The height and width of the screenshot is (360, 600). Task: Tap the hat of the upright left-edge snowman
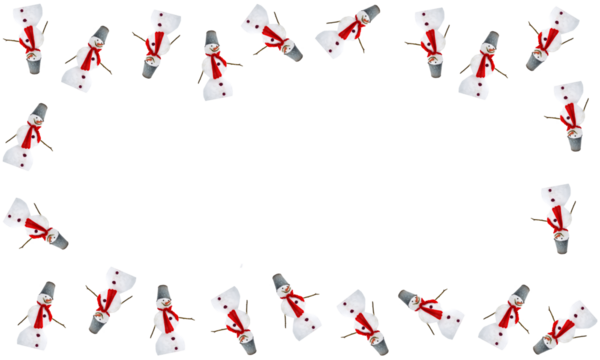[x=40, y=109]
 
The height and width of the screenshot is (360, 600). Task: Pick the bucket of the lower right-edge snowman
[x=561, y=244]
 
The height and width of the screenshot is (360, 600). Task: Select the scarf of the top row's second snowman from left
[x=91, y=56]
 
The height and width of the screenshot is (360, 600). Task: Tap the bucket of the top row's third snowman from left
[x=150, y=69]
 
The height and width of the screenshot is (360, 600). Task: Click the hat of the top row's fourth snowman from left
[x=211, y=38]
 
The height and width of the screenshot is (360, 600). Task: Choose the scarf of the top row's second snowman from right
[x=483, y=63]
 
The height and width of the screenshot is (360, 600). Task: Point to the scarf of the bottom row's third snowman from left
[x=168, y=317]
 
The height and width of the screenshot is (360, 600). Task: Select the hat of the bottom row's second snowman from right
[x=519, y=291]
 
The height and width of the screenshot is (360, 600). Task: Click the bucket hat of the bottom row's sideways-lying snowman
[x=408, y=297]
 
